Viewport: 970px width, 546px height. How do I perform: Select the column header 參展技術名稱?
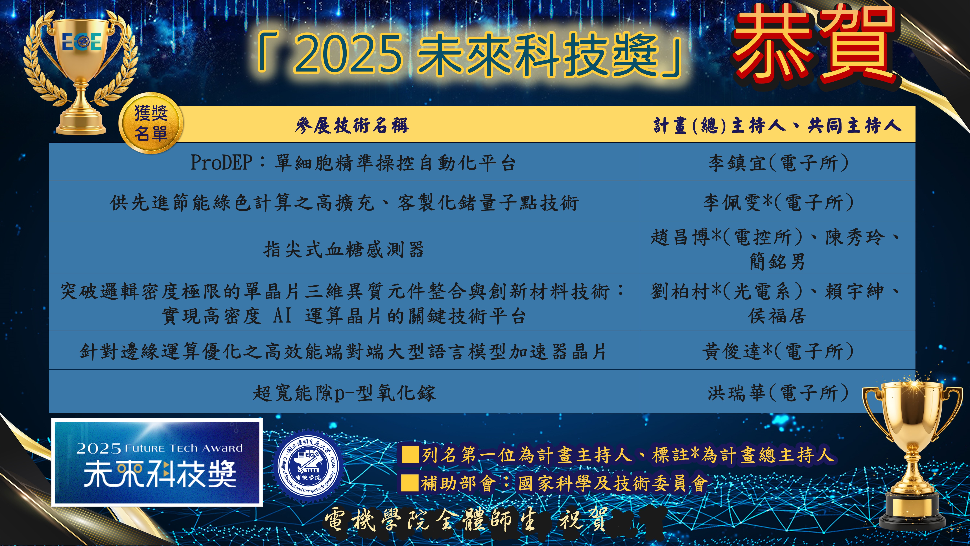tap(352, 125)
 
